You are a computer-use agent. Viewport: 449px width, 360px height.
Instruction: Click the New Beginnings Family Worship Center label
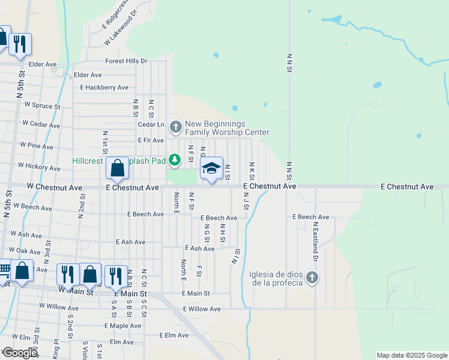coord(227,128)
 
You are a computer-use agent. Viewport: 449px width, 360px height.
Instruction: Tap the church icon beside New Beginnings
coord(176,127)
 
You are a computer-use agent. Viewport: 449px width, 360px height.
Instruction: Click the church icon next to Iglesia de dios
coord(312,277)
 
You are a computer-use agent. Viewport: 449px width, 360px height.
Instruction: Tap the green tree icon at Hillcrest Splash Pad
coord(175,160)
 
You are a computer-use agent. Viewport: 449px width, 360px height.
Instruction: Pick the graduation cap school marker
coord(211,169)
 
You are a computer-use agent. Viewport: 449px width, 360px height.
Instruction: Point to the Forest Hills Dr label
coord(126,61)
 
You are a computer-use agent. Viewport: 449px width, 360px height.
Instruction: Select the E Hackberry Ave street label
coord(104,87)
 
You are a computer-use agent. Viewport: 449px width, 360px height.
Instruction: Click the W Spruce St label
coord(43,105)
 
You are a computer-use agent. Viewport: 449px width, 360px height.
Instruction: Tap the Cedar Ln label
coord(151,124)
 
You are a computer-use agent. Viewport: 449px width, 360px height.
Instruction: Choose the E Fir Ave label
coord(151,140)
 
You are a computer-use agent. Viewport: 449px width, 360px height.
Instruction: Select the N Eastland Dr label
coord(315,241)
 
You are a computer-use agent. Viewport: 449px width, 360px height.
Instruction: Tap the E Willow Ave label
coord(202,309)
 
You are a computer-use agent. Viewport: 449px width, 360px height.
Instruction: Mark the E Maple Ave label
coord(122,326)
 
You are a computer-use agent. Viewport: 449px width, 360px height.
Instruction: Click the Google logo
coord(20,353)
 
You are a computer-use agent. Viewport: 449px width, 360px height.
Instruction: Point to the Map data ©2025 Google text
coord(411,355)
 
